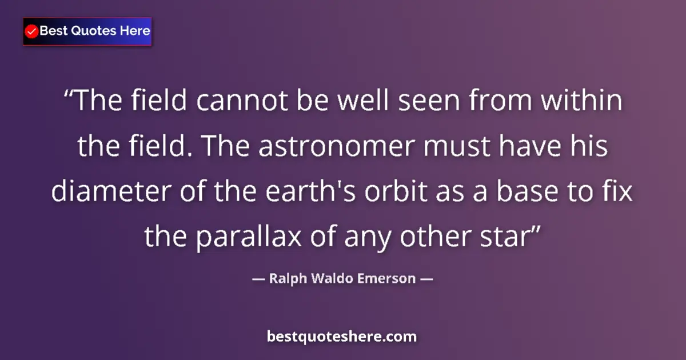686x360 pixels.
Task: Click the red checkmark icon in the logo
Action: point(32,31)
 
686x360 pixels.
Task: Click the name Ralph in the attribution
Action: point(285,279)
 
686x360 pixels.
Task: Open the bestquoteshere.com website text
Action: point(342,337)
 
